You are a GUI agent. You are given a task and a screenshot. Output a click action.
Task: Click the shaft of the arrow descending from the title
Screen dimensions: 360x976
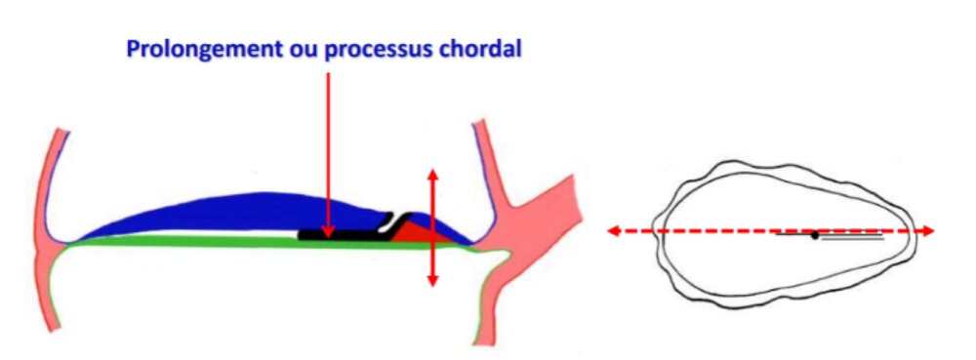point(328,146)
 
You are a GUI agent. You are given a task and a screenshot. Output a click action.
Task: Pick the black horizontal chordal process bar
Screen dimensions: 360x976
point(342,235)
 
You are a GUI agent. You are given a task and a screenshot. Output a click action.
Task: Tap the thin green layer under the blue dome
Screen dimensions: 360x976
point(195,243)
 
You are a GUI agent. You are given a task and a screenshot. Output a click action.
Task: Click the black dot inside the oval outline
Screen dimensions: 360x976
point(815,235)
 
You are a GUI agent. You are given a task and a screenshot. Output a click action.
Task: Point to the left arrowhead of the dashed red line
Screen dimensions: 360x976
point(613,231)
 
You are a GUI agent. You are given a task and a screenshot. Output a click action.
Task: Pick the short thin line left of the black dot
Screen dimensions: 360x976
point(793,234)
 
